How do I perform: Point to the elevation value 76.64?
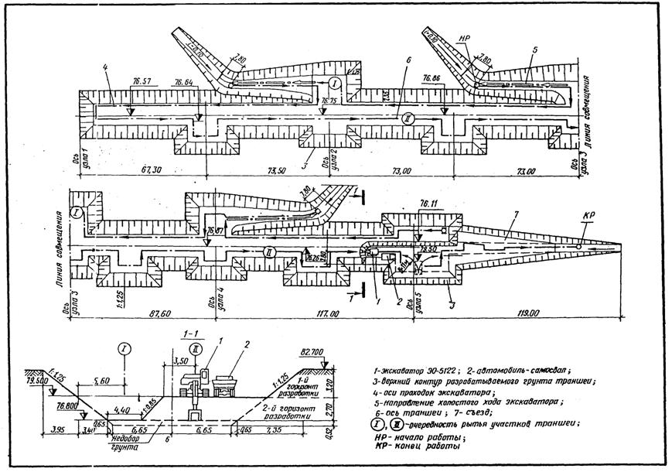184,82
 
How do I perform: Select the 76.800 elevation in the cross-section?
70,404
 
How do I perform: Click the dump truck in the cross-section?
228,385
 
